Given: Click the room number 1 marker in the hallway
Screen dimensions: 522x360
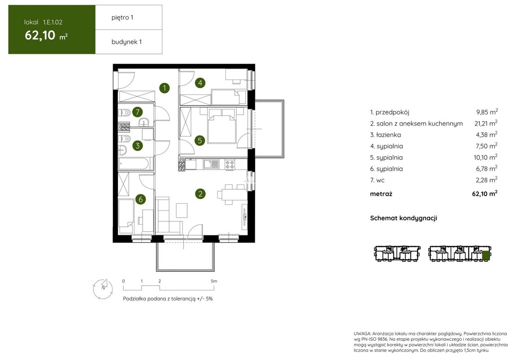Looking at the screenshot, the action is pyautogui.click(x=164, y=88).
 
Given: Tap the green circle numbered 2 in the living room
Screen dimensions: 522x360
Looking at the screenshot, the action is pyautogui.click(x=200, y=193).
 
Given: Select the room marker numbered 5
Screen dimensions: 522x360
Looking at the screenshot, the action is pyautogui.click(x=200, y=140).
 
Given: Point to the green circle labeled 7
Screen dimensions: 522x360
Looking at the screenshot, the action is pyautogui.click(x=137, y=112).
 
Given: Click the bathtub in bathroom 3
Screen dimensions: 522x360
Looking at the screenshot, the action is pyautogui.click(x=134, y=163).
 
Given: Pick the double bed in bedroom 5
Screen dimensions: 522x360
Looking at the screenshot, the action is pyautogui.click(x=222, y=126).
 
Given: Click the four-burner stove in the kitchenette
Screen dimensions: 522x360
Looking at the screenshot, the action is pyautogui.click(x=229, y=164).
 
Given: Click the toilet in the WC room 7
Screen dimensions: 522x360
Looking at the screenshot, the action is pyautogui.click(x=124, y=112).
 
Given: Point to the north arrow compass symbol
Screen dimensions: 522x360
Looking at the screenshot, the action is pyautogui.click(x=103, y=289).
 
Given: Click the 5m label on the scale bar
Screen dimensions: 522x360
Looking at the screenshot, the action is pyautogui.click(x=214, y=281).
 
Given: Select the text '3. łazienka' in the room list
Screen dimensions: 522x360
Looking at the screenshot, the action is pyautogui.click(x=386, y=135).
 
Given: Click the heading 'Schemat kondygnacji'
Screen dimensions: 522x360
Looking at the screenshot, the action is pyautogui.click(x=404, y=218).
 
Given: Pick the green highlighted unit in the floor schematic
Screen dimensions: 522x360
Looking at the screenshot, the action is pyautogui.click(x=486, y=256).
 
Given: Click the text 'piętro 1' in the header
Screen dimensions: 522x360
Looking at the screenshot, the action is pyautogui.click(x=122, y=18).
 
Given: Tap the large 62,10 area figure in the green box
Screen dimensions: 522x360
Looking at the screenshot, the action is pyautogui.click(x=40, y=35).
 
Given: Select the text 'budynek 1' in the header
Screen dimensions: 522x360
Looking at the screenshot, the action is pyautogui.click(x=126, y=42).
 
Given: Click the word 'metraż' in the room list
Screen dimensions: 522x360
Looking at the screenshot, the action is pyautogui.click(x=381, y=194).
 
